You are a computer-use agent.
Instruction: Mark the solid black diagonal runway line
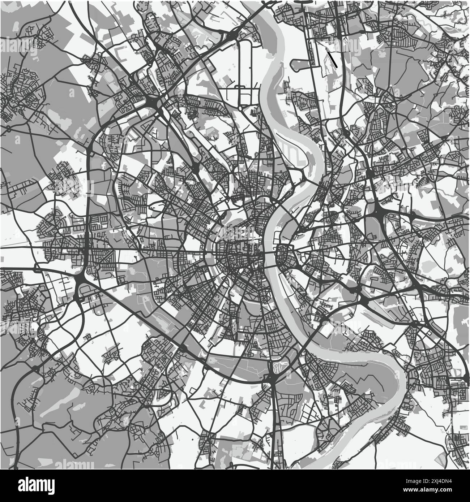(x=331, y=58)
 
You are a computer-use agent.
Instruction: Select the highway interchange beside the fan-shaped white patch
(x=272, y=378)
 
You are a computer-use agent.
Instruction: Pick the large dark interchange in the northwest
(x=152, y=103)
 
